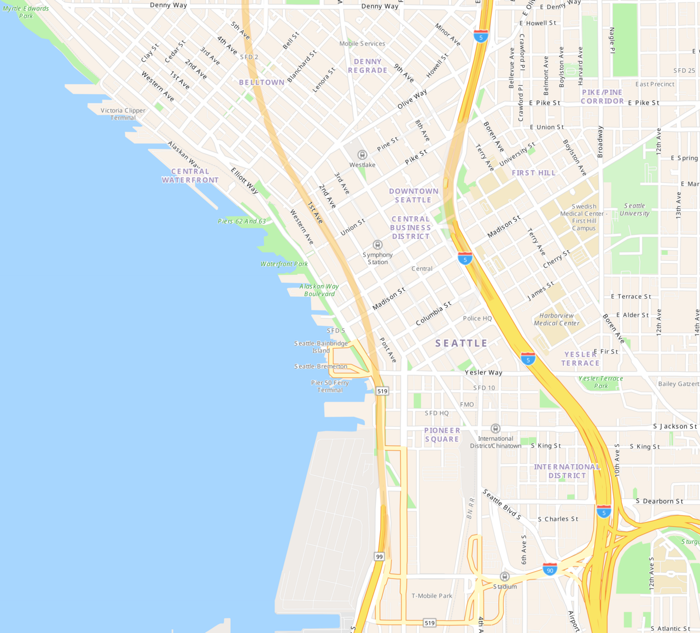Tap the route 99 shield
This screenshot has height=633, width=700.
tap(380, 556)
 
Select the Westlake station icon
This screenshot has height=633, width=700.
tap(362, 155)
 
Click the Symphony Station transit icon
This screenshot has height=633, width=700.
tap(377, 245)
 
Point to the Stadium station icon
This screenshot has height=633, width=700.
tap(505, 577)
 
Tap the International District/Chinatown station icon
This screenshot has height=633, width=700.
tap(495, 428)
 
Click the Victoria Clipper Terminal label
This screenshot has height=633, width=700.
tap(123, 114)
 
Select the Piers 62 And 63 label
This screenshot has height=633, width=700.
tap(242, 221)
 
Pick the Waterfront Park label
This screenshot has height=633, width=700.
tap(284, 264)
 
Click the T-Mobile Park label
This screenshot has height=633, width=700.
tap(432, 596)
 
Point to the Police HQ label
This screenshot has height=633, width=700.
tap(477, 318)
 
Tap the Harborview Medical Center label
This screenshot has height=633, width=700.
tap(557, 319)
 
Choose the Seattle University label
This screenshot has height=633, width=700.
tap(634, 210)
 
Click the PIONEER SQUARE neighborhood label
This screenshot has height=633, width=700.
tap(442, 435)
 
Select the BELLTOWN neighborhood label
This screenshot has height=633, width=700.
tap(261, 82)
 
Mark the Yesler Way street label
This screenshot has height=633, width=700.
tap(483, 372)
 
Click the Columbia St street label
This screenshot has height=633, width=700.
tap(434, 313)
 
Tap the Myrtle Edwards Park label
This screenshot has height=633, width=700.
tap(26, 12)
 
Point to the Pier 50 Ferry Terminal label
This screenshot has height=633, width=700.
tap(330, 387)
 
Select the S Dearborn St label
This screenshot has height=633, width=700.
tap(659, 501)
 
